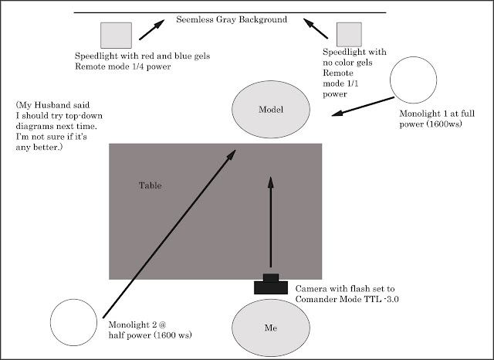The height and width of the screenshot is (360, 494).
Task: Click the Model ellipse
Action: tap(271, 110)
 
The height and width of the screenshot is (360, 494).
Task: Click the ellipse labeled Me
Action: tap(271, 328)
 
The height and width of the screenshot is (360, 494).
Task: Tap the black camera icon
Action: tap(271, 284)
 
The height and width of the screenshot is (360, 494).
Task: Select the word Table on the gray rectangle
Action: tap(151, 185)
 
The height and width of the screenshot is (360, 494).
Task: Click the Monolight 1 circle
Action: tap(414, 80)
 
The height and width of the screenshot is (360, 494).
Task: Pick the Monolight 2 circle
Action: tap(74, 322)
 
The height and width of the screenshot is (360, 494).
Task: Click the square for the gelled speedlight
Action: tap(116, 36)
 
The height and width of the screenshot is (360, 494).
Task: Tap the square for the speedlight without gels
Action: tap(349, 35)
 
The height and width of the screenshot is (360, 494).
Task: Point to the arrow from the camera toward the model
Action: tap(271, 222)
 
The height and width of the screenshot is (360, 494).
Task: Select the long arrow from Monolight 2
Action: tap(169, 234)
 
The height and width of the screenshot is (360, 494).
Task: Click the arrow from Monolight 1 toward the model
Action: tap(363, 107)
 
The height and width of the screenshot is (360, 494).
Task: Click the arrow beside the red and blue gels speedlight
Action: tap(152, 29)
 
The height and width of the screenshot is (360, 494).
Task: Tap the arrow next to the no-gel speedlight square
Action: tap(316, 29)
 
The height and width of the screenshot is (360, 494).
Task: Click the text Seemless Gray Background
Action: tap(232, 19)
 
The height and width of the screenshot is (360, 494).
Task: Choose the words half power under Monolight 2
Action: tap(130, 335)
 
